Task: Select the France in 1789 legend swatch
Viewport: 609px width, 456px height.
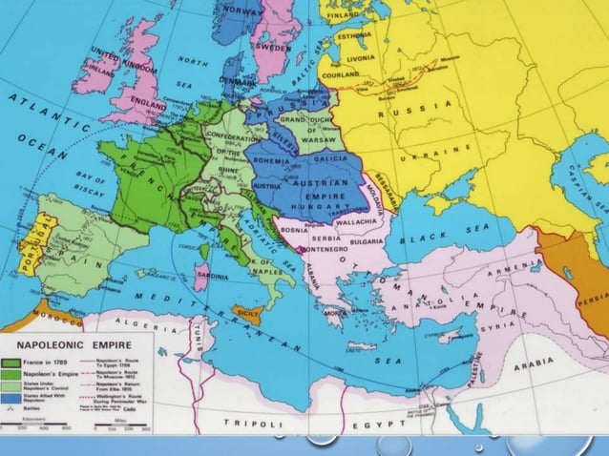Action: tap(13, 363)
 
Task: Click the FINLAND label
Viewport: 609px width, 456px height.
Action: tap(344, 16)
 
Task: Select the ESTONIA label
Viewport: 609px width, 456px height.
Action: tap(352, 36)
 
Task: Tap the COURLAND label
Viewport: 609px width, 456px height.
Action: tap(342, 73)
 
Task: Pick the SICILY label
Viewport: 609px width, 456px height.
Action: tap(247, 312)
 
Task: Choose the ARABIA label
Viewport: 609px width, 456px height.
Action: tap(531, 364)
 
